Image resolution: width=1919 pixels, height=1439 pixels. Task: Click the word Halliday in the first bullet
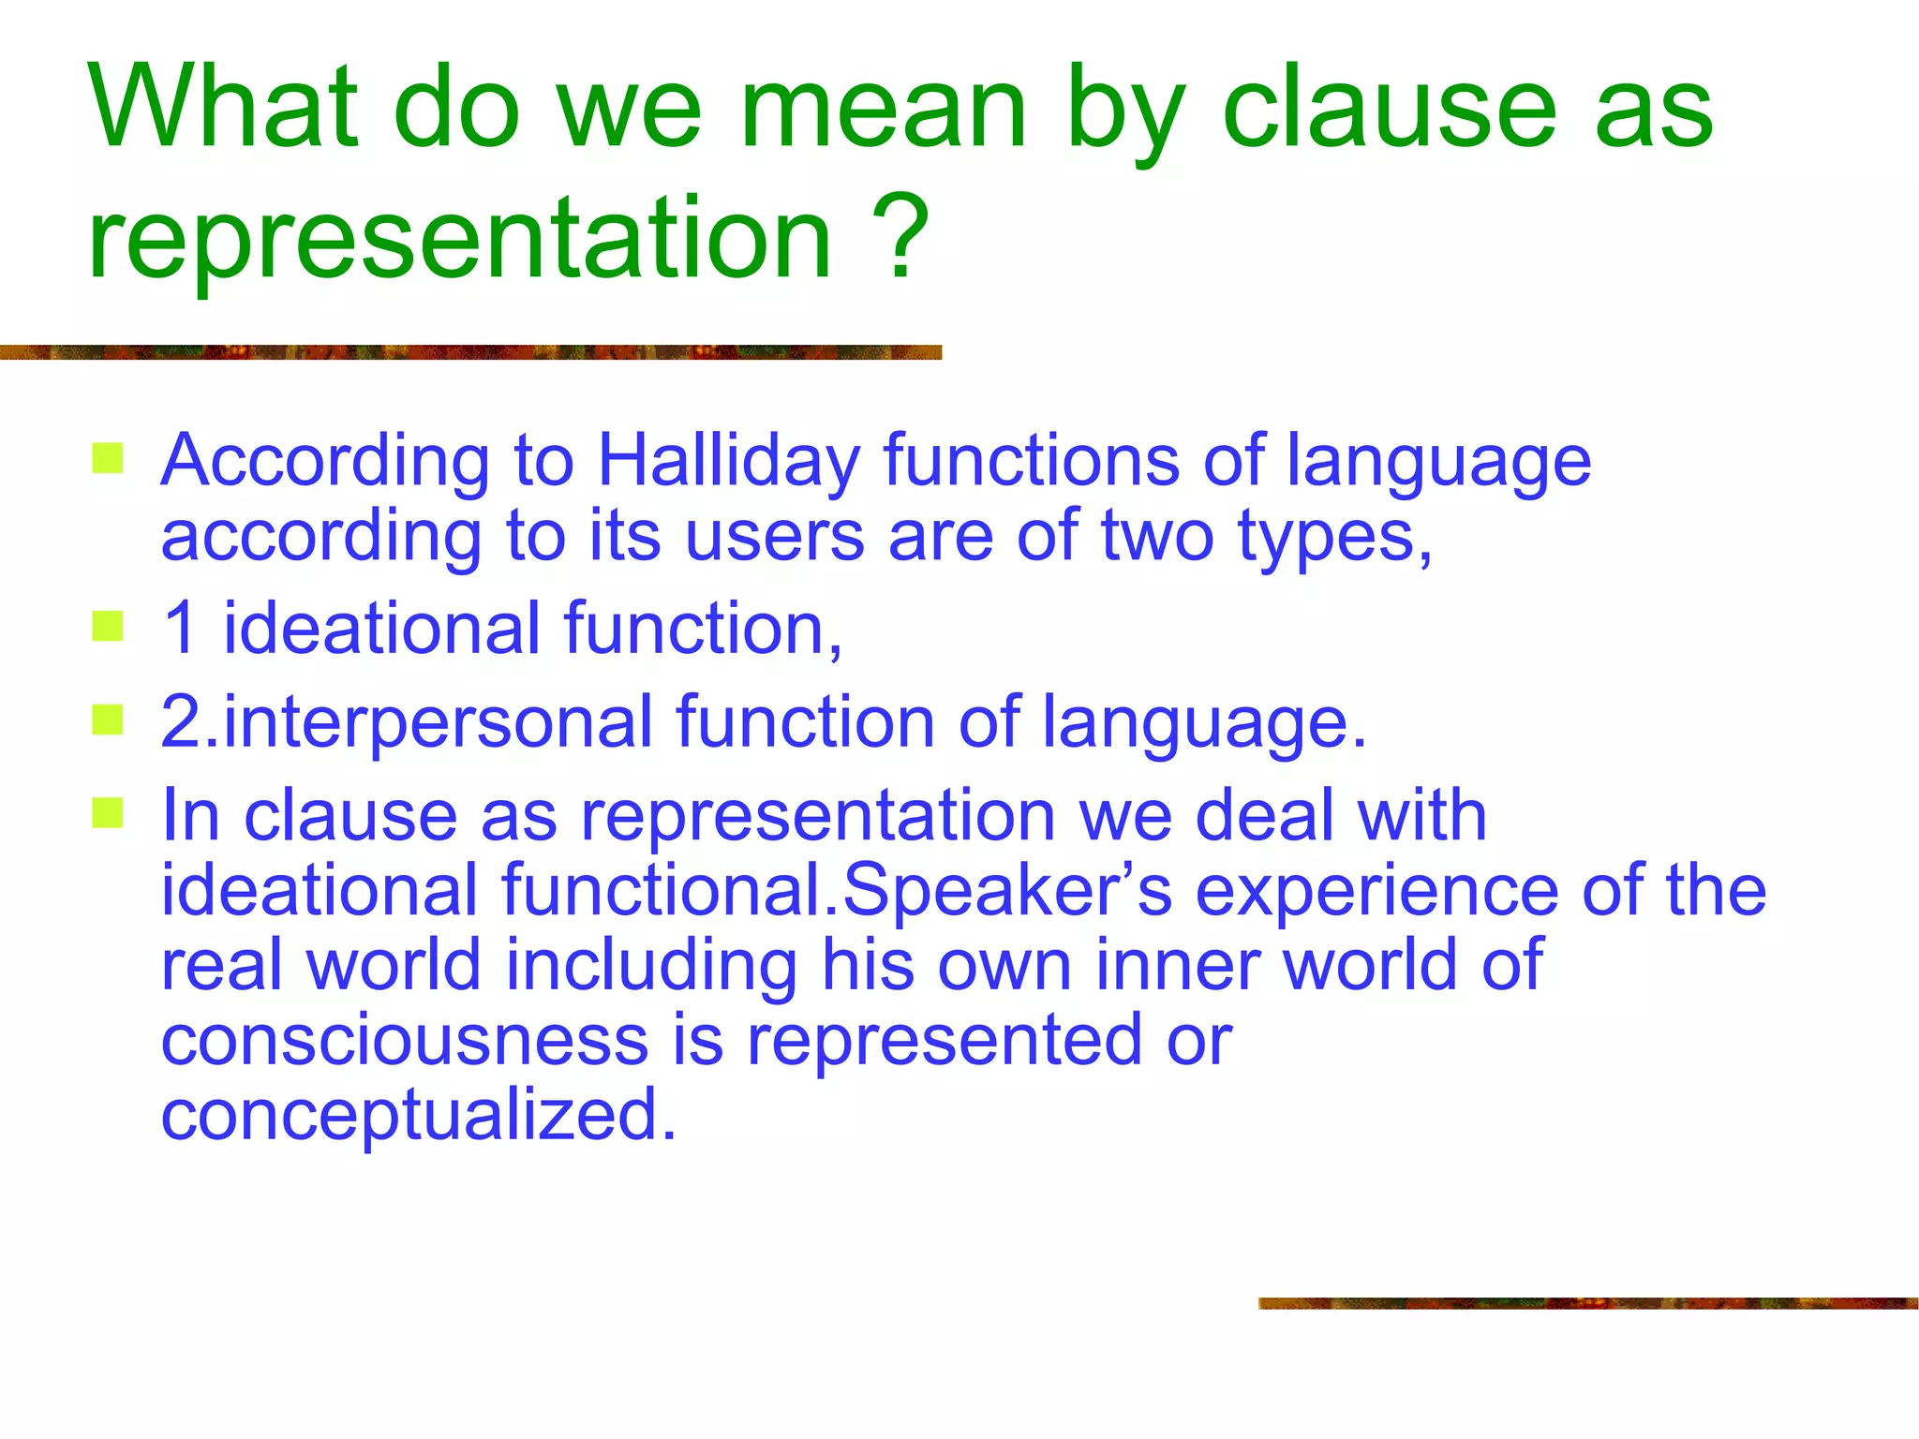728,461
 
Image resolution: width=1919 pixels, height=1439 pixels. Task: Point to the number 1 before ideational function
180,628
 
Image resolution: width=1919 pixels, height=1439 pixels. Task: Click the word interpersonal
437,722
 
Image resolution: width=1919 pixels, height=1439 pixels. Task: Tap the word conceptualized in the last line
418,1115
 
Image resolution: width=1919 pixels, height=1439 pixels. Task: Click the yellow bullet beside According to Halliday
108,459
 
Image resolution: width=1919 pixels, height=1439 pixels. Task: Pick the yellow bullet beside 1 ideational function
108,627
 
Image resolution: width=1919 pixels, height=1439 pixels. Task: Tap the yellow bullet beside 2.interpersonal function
108,720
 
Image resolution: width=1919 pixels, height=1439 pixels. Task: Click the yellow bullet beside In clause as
108,813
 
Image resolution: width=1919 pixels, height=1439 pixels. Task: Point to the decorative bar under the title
469,352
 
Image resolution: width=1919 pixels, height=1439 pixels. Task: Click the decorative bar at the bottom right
1587,1303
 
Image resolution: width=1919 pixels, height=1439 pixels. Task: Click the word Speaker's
1007,890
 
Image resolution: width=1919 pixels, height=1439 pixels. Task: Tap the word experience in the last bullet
1376,890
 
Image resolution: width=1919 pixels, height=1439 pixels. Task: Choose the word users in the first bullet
774,536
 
